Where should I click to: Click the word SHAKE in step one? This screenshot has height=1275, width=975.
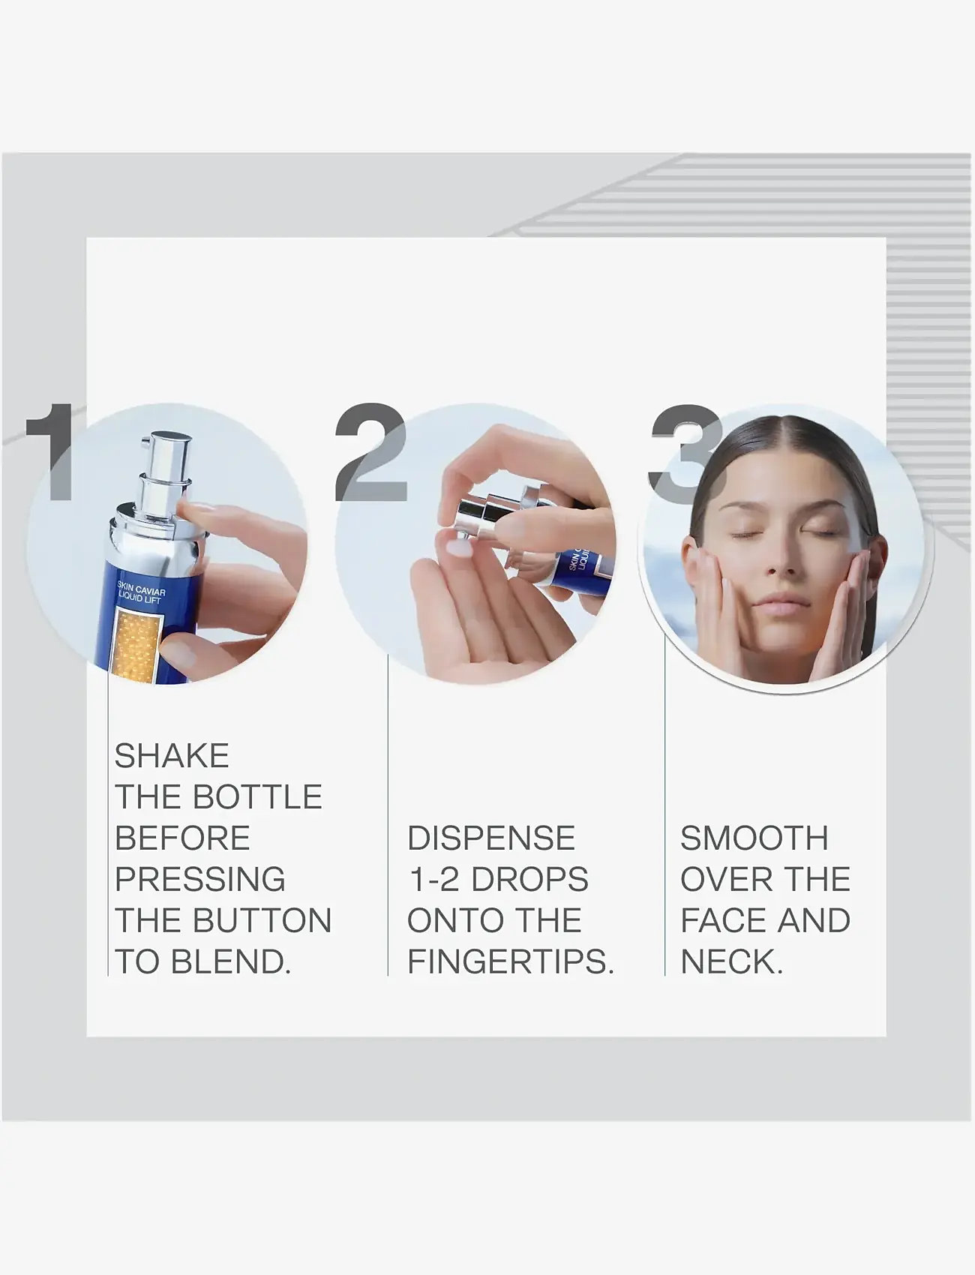pyautogui.click(x=172, y=755)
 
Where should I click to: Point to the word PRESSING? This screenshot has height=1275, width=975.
pyautogui.click(x=200, y=879)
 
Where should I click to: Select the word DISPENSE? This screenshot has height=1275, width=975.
pyautogui.click(x=491, y=838)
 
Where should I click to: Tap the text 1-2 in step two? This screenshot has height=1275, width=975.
pyautogui.click(x=433, y=879)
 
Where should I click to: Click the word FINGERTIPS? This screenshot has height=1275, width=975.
pyautogui.click(x=511, y=961)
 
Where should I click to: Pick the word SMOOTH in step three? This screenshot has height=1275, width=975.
pyautogui.click(x=754, y=838)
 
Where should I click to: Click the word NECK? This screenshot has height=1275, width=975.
pyautogui.click(x=731, y=961)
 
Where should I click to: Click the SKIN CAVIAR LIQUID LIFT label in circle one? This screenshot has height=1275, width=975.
pyautogui.click(x=142, y=595)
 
